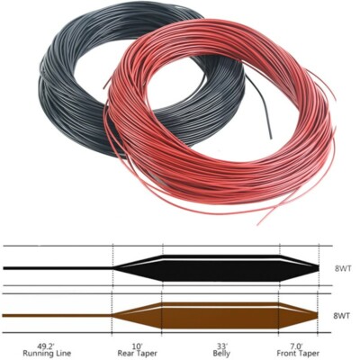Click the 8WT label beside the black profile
click(341, 268)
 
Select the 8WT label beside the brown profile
click(341, 316)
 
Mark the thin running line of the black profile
click(54, 268)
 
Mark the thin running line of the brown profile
click(54, 316)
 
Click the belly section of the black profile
click(220, 268)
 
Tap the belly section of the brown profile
click(220, 316)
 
